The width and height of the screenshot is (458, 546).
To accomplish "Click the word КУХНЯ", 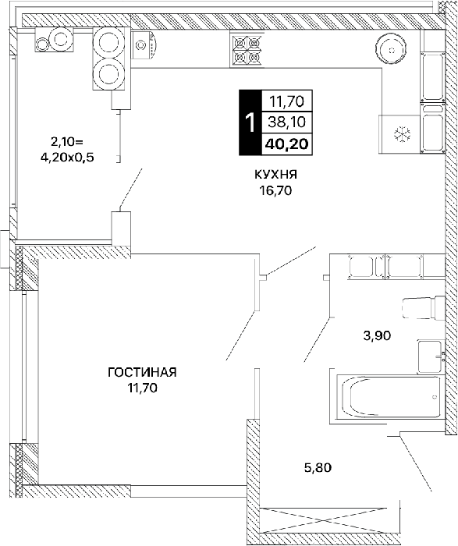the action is tap(276, 174).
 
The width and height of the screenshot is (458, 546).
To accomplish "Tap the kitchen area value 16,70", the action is tap(275, 190).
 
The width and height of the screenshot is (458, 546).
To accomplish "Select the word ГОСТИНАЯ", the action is tap(142, 372).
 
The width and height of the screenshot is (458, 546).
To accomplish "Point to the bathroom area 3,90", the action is tap(377, 335).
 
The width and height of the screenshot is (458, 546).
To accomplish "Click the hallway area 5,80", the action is tap(318, 467).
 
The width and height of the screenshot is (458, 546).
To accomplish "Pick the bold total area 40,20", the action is tap(286, 144).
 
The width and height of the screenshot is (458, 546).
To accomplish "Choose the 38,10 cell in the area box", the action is tap(286, 122).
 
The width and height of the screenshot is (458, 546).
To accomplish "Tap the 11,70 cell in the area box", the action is tap(286, 101).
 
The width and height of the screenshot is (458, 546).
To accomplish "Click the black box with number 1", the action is tap(250, 122).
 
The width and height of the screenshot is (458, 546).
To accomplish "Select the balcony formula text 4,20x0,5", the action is tap(68, 158).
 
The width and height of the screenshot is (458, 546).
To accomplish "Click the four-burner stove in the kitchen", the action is tap(247, 49).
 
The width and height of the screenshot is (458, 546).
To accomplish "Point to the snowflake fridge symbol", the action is tap(401, 134).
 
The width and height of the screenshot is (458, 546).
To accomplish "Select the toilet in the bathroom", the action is tap(424, 307).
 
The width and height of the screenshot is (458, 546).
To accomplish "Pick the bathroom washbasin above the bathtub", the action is tap(431, 357).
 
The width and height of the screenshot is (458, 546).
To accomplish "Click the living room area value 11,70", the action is tap(142, 388).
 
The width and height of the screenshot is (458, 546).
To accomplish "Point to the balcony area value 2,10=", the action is tap(67, 142).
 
